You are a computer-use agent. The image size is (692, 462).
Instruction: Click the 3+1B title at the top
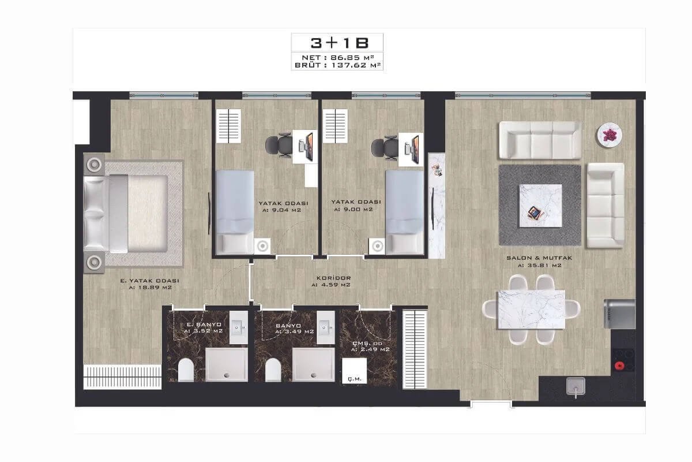[x=339, y=43]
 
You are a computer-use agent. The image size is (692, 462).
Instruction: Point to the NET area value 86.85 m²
[x=352, y=58]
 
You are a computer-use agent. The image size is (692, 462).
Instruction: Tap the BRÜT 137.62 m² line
[x=337, y=65]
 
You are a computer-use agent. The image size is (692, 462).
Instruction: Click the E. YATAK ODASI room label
[x=149, y=281]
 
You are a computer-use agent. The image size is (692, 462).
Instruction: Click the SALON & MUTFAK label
[x=539, y=258]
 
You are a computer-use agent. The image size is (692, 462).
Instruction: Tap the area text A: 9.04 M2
[x=281, y=210]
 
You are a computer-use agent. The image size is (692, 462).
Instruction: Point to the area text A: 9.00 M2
[x=353, y=209]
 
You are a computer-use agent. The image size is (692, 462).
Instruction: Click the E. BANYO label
[x=204, y=325]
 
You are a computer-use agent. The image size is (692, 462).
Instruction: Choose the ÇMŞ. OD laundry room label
[x=368, y=344]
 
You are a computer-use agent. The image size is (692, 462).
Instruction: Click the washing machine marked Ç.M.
[x=354, y=371]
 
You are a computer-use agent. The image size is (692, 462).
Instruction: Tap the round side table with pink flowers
[x=609, y=135]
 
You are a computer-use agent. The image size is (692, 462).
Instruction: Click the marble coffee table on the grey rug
[x=540, y=206]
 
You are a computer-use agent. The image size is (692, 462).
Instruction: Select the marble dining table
[x=531, y=310]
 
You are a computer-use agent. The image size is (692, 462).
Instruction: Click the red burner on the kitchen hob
[x=619, y=366]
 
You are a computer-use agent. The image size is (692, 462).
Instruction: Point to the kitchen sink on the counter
[x=576, y=386]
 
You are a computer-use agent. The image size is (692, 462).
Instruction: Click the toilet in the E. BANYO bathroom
[x=186, y=370]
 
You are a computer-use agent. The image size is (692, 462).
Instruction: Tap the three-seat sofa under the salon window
[x=540, y=140]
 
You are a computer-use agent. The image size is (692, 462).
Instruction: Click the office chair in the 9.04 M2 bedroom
[x=279, y=145]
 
